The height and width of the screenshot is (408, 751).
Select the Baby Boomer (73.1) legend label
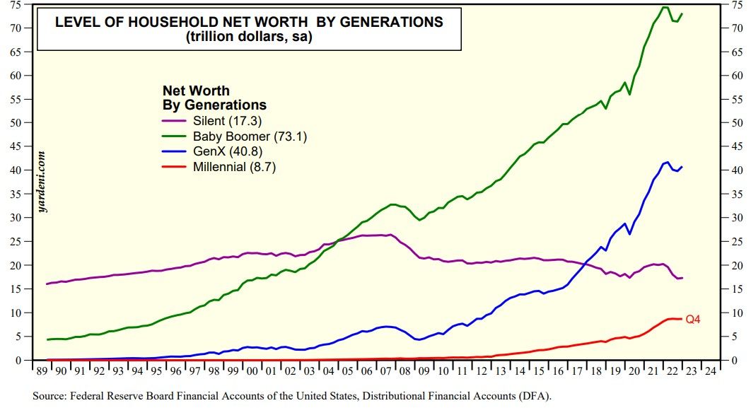coord(250,136)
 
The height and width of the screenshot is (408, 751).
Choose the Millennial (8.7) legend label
coord(240,168)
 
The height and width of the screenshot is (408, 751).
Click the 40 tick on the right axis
coord(735,170)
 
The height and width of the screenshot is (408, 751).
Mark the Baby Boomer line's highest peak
coord(665,7)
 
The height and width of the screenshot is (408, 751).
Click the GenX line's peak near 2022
coord(667,162)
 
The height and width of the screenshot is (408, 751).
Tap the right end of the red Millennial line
coord(682,319)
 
